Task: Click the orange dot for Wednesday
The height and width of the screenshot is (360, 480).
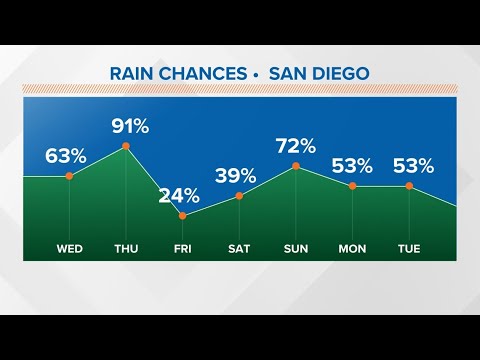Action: pos(69,176)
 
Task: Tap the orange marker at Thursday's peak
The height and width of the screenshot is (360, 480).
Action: pos(126,147)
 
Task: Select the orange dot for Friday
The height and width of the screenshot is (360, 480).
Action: pos(182,215)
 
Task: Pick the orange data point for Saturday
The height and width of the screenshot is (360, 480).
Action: pos(239,196)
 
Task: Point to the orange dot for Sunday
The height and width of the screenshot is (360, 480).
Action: pos(296,166)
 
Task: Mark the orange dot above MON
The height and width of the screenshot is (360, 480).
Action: pos(353,186)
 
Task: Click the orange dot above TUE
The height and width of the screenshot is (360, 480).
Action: pos(410,186)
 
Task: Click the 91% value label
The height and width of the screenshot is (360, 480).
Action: pos(128,126)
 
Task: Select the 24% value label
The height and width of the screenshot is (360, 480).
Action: pos(179,194)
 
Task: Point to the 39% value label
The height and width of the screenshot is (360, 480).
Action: pos(236,175)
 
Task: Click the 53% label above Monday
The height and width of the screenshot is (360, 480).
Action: pos(353,165)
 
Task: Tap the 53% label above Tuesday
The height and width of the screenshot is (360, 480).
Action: pos(413,165)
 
